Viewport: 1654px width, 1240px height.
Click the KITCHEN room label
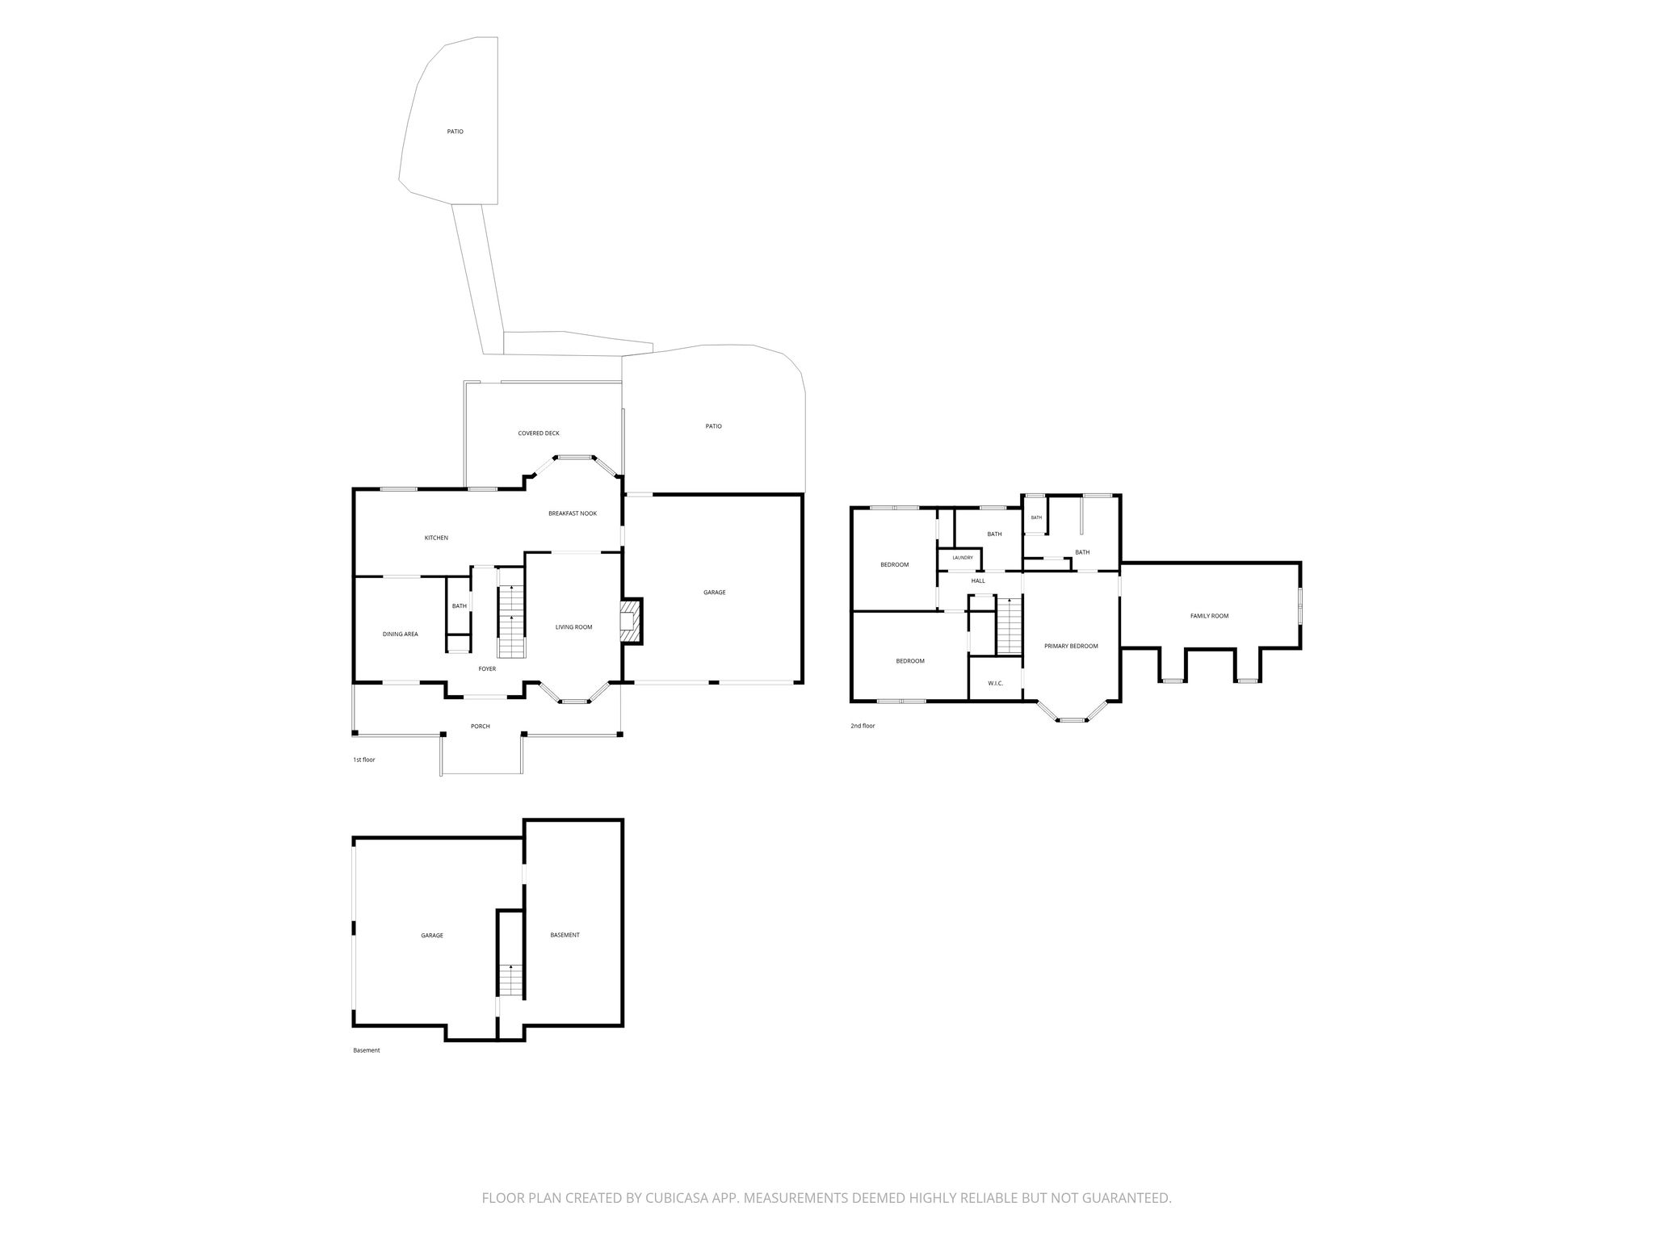pos(436,538)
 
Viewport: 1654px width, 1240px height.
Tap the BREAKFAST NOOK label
pos(573,513)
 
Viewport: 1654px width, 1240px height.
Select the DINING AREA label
pos(400,635)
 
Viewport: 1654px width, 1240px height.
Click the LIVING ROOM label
pos(573,627)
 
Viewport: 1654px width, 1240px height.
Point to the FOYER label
pos(487,668)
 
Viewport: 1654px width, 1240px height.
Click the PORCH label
pos(481,727)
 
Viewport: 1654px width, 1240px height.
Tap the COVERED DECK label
pos(539,434)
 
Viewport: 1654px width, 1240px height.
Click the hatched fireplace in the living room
pos(630,621)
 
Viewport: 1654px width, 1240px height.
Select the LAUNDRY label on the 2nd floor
pos(963,558)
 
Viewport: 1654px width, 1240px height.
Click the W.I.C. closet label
pos(995,684)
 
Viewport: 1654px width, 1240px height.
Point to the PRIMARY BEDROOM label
pos(1071,646)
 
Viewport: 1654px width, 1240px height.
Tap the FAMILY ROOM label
pos(1209,616)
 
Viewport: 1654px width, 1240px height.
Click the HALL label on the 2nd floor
pos(978,580)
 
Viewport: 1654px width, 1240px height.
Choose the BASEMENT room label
pos(565,935)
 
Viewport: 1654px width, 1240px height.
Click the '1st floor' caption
pos(364,760)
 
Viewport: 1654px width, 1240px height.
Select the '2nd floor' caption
pos(863,726)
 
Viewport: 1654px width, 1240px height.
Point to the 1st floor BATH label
pos(459,606)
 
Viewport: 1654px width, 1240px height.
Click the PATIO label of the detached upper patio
pos(455,132)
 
